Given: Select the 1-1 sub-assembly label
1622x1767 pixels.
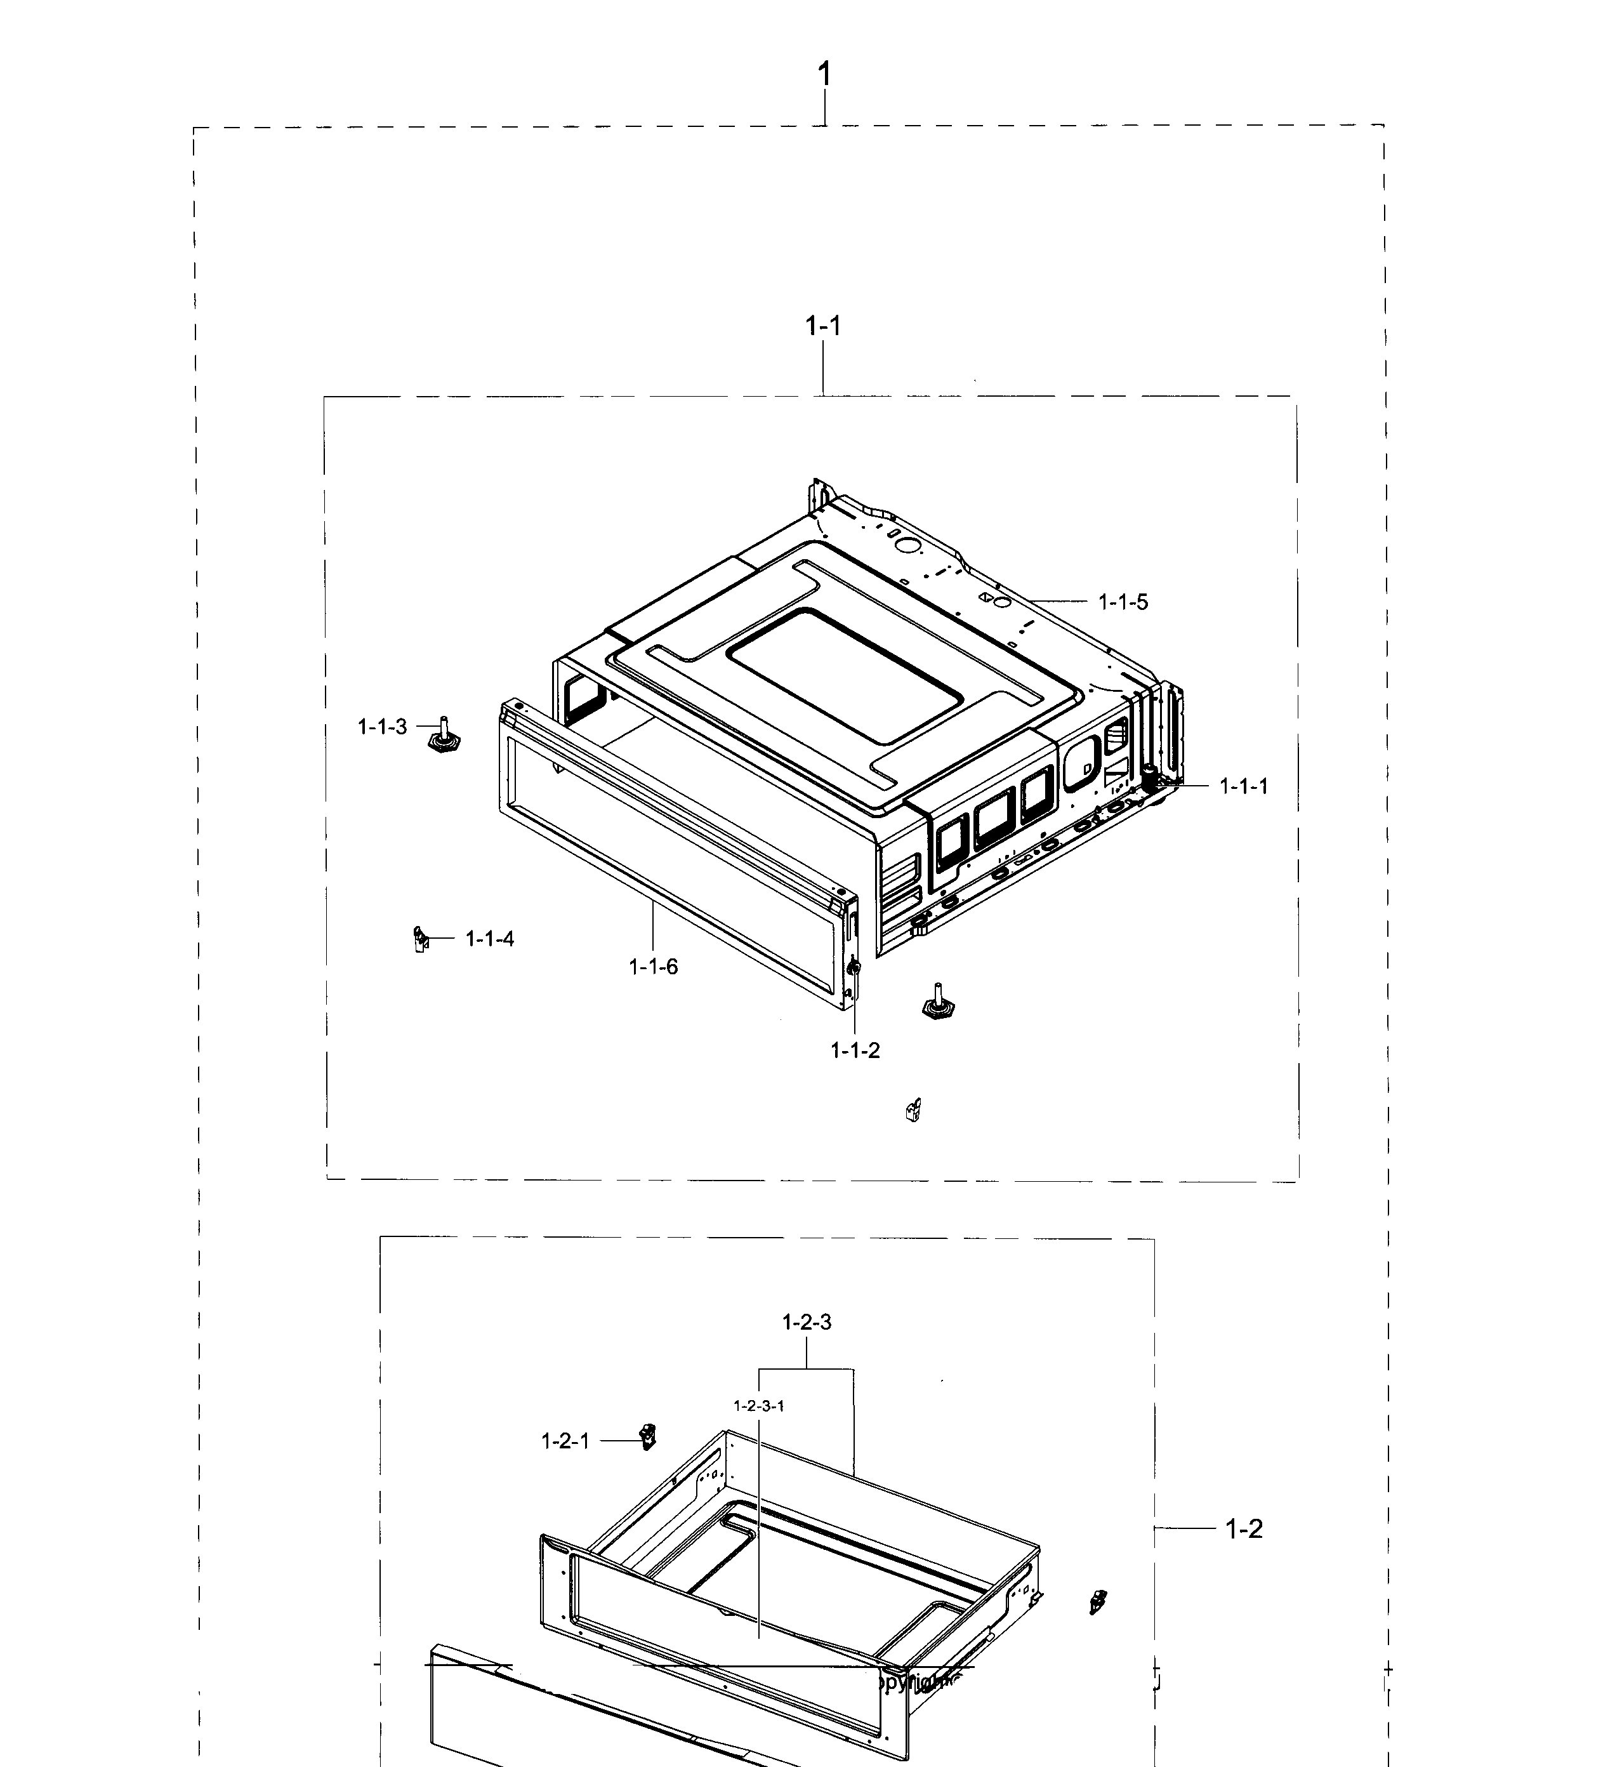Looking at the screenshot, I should click(822, 326).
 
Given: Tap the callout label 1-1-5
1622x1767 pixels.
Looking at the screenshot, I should click(1123, 602).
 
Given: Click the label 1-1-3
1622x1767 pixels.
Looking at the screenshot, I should click(382, 727).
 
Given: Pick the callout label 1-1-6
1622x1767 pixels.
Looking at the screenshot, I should click(653, 967).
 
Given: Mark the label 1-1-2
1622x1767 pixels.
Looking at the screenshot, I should click(855, 1050).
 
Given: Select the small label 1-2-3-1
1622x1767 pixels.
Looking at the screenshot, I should click(759, 1405).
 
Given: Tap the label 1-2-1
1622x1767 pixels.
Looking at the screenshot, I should click(565, 1441).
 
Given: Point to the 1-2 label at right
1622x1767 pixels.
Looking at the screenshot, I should click(1244, 1529).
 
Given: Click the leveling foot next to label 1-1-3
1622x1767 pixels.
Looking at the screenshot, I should click(444, 736).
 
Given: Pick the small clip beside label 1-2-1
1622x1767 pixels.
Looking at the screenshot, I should click(649, 1437).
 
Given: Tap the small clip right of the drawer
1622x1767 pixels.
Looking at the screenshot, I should click(1097, 1602).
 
